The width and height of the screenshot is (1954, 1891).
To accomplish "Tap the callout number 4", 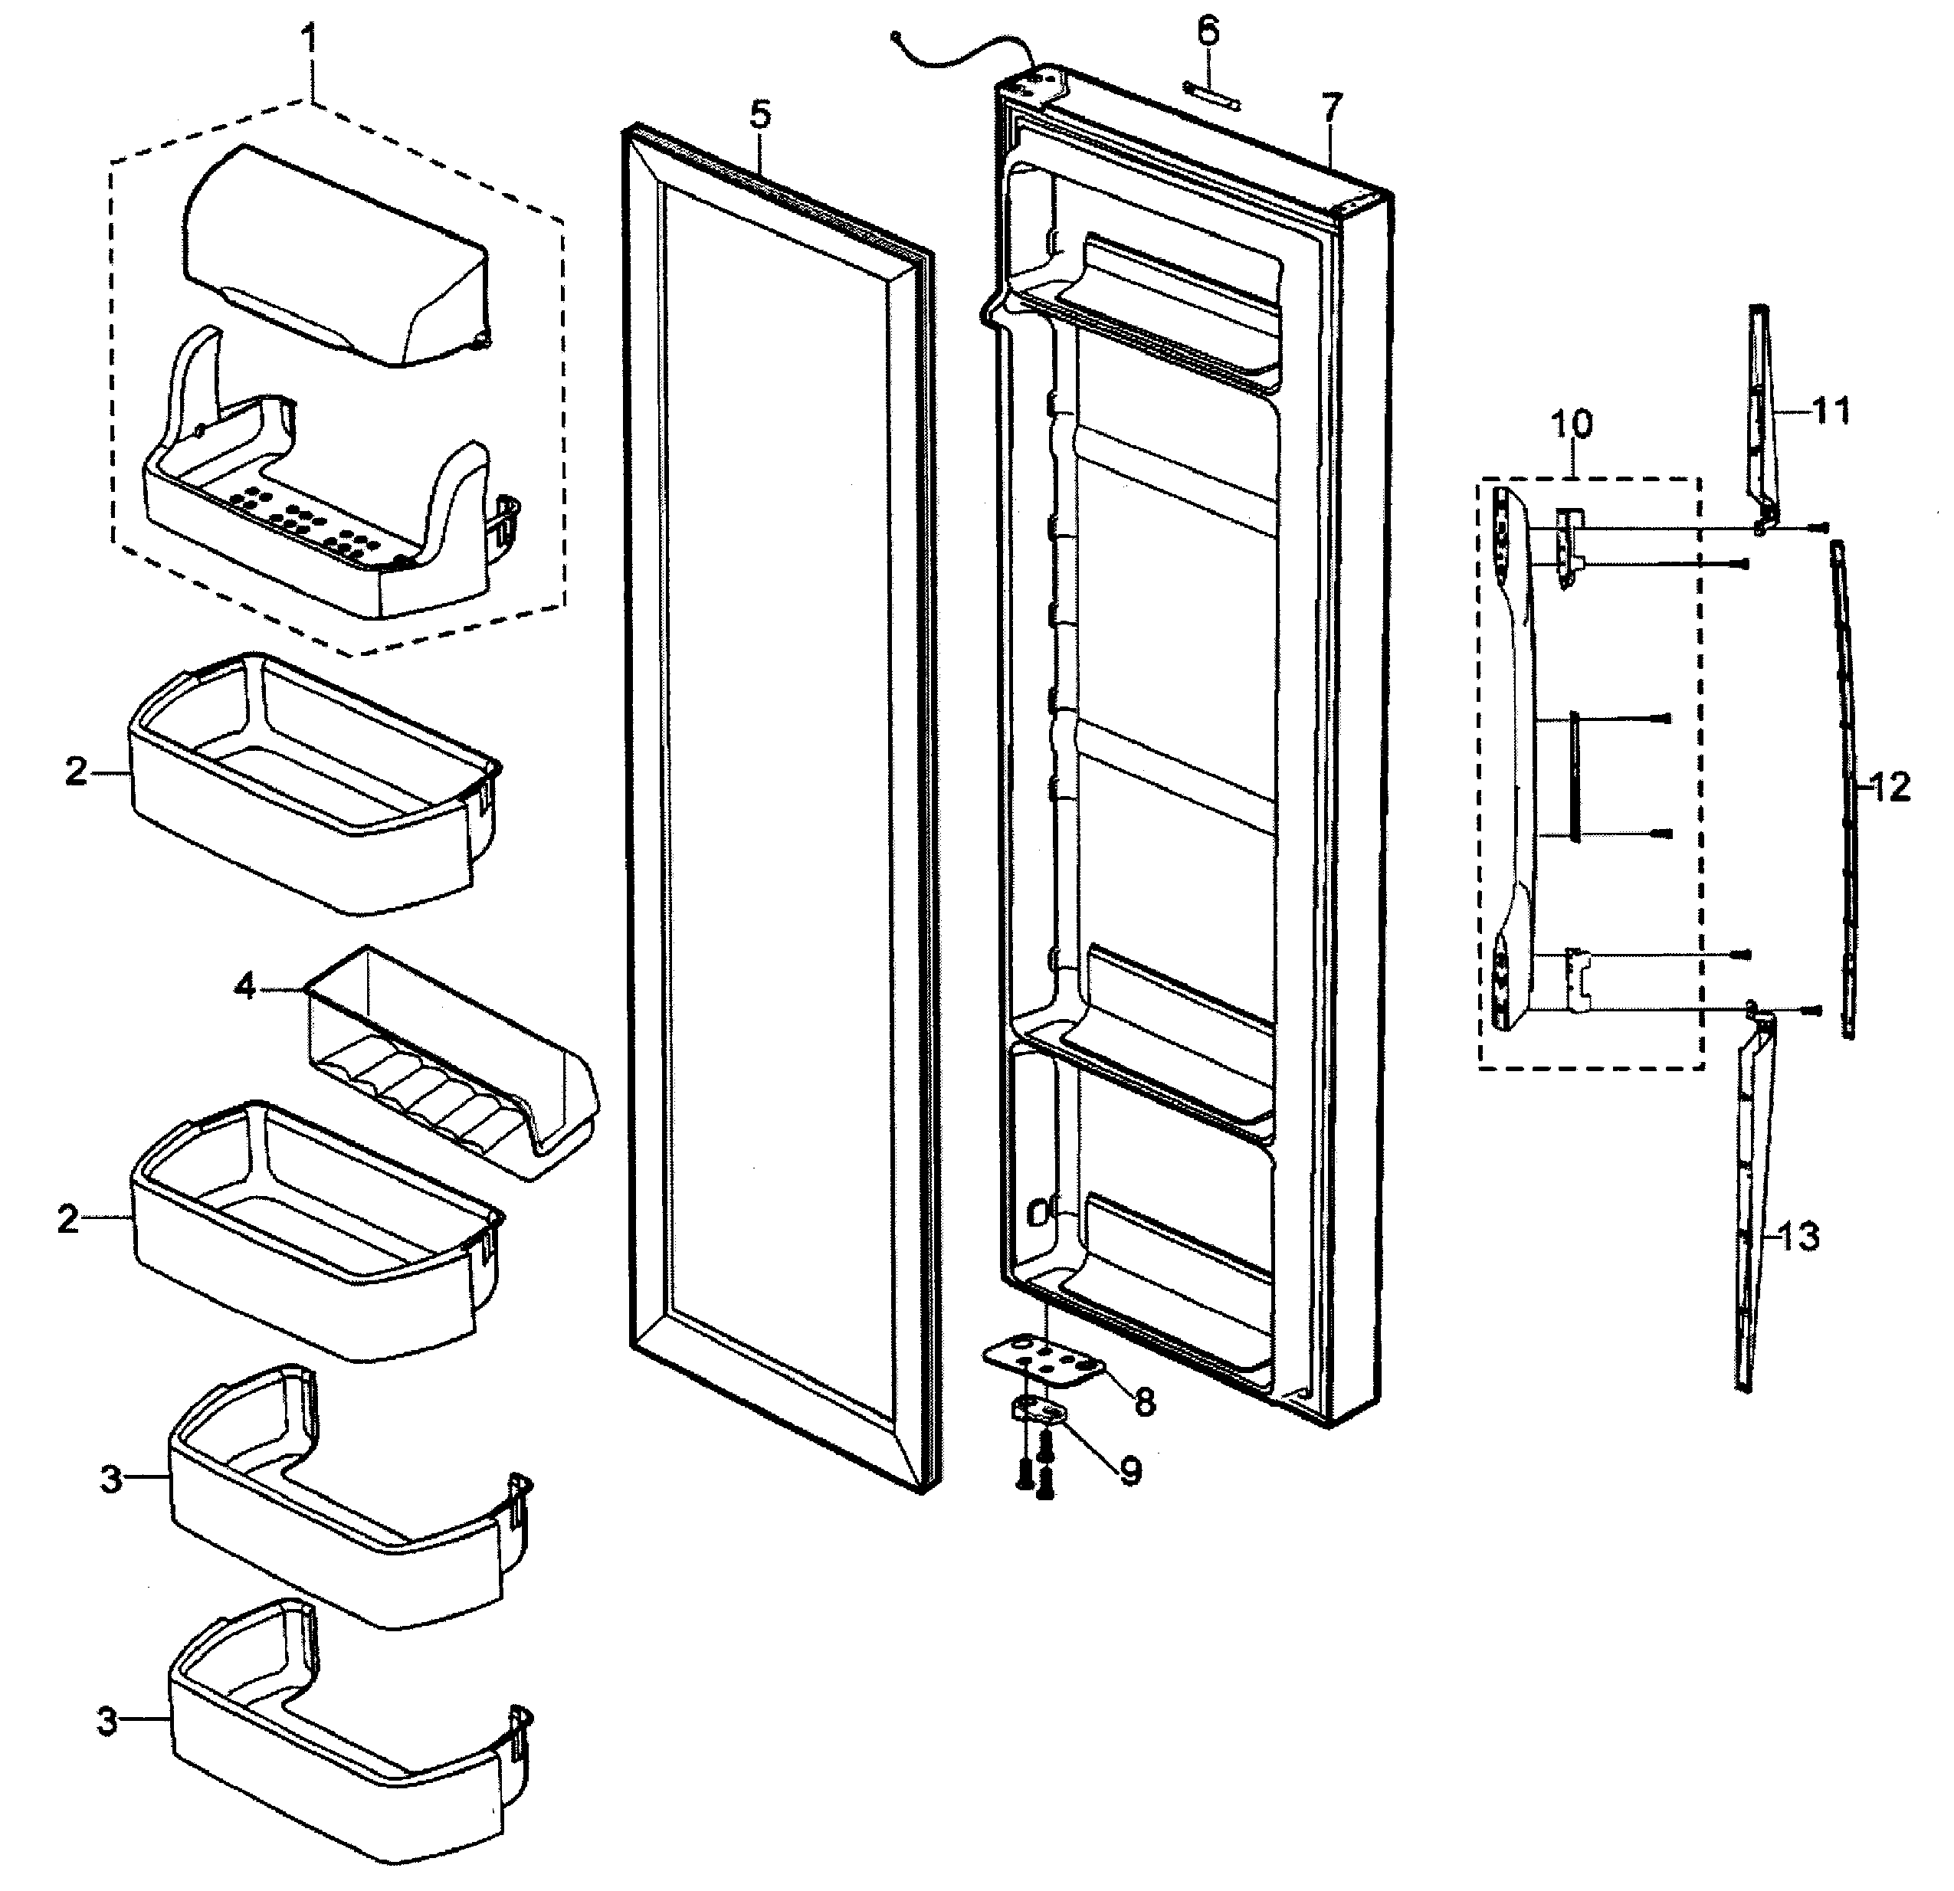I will point(245,987).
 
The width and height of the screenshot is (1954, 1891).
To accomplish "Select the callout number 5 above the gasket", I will point(759,115).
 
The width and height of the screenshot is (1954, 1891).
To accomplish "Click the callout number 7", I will point(1332,107).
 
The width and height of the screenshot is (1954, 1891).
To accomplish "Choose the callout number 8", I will point(1145,1404).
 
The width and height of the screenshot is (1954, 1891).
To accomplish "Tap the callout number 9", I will point(1129,1470).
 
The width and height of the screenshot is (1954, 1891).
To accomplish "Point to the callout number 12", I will point(1889,788).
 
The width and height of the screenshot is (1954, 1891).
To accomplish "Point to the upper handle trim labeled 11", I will point(1762,408).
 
